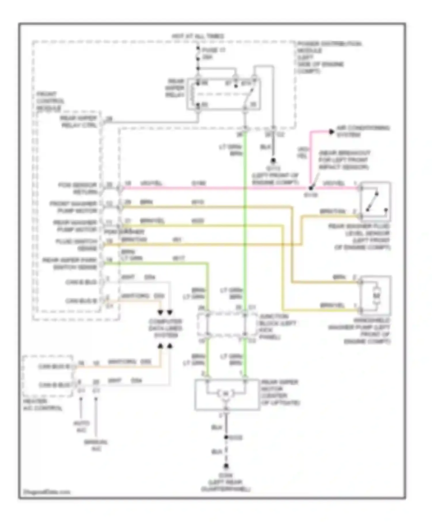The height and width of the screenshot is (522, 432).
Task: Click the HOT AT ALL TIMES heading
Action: point(198,37)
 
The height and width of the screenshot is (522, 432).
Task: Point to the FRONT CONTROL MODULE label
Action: point(50,101)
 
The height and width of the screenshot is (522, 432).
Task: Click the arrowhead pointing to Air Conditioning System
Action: point(331,132)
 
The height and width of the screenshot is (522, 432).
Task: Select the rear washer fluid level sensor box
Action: point(375,201)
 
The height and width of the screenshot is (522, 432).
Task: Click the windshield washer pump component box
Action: point(376,296)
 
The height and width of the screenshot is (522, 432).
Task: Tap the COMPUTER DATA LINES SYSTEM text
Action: point(165,328)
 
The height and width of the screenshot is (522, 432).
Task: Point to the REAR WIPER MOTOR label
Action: point(280,392)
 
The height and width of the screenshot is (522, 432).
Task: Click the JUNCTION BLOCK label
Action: point(278,326)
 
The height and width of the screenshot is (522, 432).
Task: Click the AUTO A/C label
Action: point(81,426)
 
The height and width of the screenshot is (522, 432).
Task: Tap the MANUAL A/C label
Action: point(96,445)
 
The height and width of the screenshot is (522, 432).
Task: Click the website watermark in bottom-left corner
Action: point(46,492)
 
